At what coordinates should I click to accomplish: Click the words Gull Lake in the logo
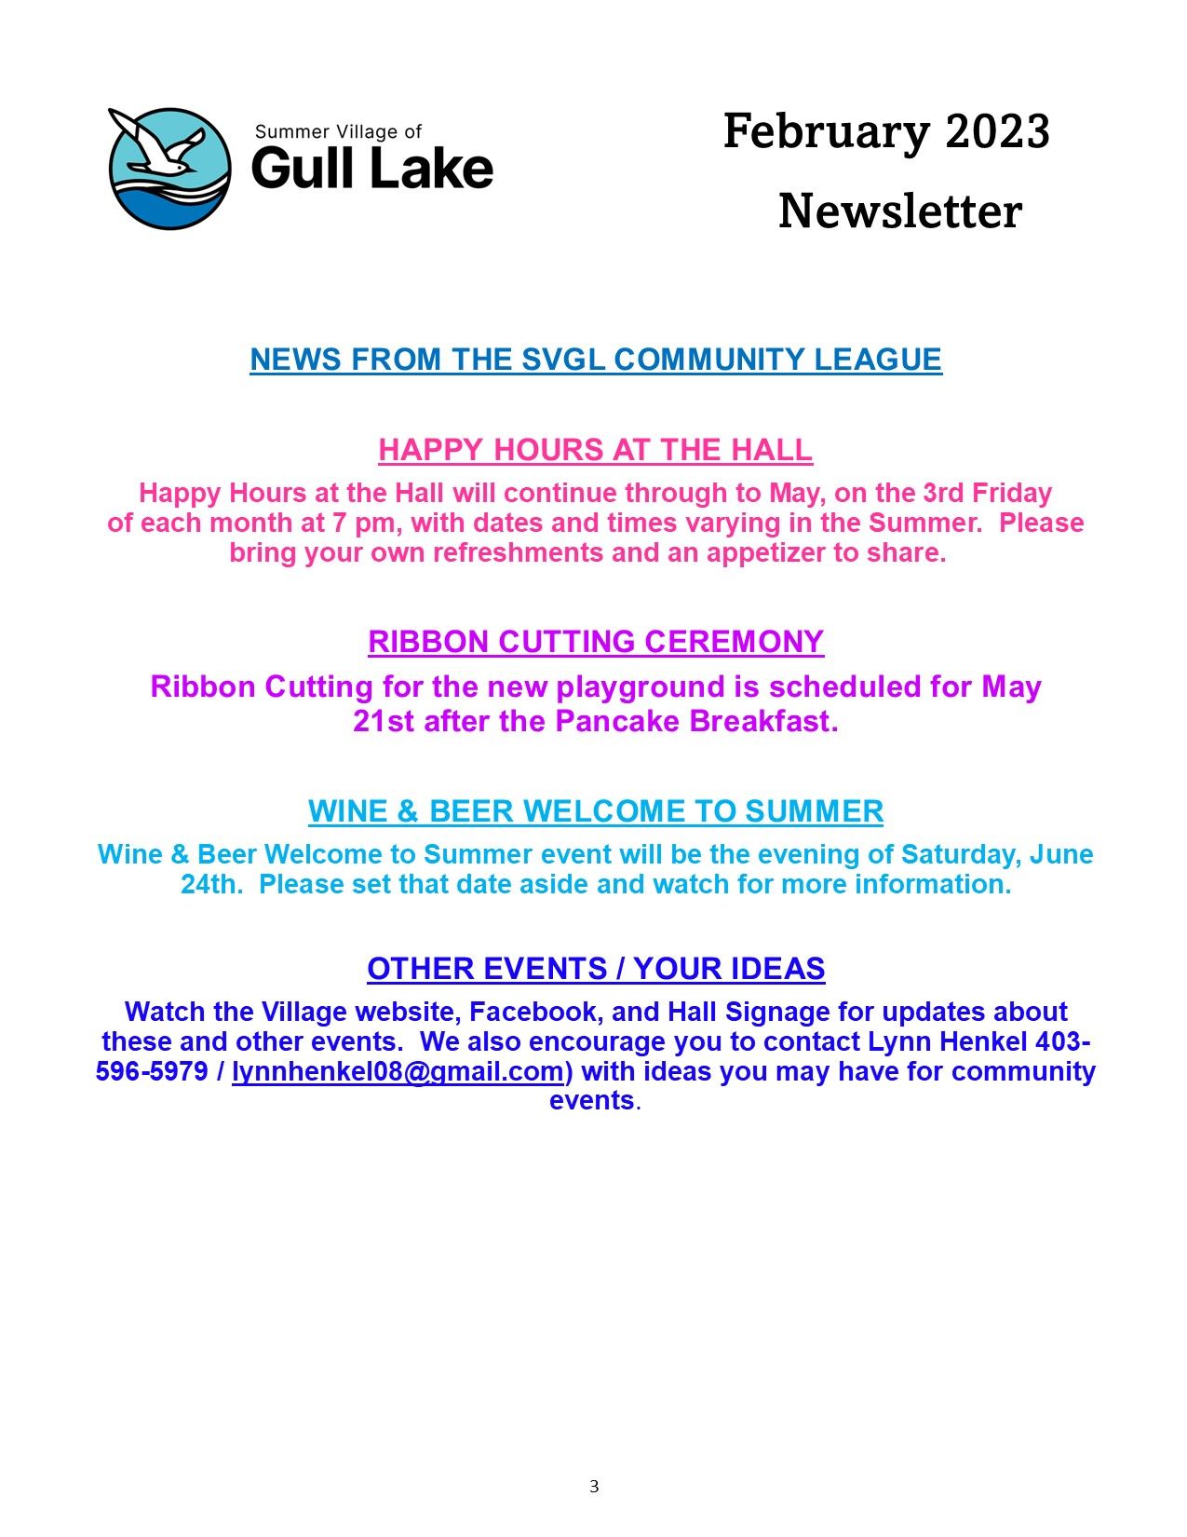[x=371, y=169]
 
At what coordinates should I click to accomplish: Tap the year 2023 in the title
[x=997, y=131]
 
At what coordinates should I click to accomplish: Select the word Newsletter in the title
[x=899, y=211]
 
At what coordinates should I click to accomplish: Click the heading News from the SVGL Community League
[x=596, y=360]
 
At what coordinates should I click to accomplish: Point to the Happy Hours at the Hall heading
[x=595, y=450]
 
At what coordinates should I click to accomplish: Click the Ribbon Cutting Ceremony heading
[x=596, y=642]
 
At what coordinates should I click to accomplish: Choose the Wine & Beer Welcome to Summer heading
[x=596, y=811]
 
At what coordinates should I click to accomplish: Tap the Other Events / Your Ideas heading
[x=596, y=969]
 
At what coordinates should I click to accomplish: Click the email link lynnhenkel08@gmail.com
[x=398, y=1071]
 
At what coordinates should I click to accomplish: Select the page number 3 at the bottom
[x=594, y=1487]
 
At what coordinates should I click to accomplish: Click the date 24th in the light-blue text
[x=210, y=884]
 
